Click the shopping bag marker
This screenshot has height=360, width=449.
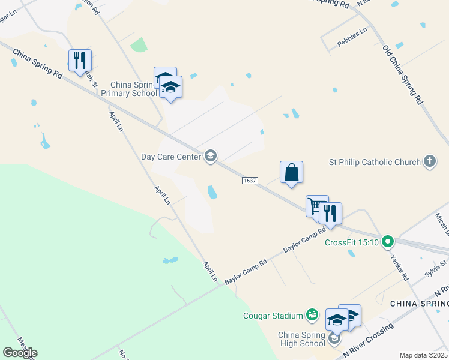coord(291,172)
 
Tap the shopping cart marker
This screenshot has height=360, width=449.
coord(316,206)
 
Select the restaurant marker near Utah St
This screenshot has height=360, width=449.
coord(80,60)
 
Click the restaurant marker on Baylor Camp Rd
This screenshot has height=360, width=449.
coord(330,213)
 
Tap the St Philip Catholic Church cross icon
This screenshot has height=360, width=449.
coord(430,161)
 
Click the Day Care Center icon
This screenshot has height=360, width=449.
coord(210,157)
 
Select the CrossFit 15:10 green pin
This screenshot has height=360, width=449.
coord(388,242)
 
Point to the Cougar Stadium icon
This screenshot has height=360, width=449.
coord(312,314)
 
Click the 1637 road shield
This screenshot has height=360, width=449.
coord(250,181)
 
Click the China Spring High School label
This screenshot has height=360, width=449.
coord(301,339)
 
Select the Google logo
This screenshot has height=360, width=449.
coord(20,352)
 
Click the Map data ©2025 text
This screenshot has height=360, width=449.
coord(423,355)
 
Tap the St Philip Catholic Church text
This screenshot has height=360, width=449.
coord(375,162)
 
